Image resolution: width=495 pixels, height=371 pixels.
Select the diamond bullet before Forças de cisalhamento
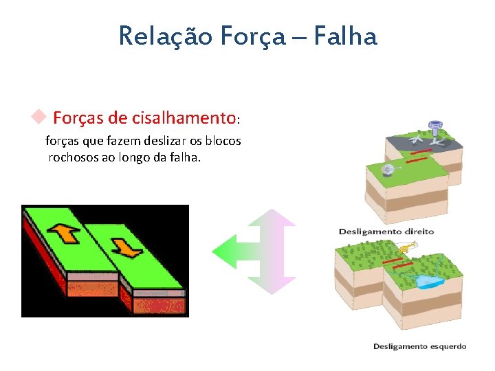point(39,116)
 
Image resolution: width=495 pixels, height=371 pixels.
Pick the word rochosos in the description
point(72,157)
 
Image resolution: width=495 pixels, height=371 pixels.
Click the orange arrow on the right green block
point(126,245)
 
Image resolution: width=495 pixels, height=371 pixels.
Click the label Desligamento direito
point(386,231)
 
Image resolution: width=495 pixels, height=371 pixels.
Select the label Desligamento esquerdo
point(419,346)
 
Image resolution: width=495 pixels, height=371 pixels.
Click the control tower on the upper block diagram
point(434,128)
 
